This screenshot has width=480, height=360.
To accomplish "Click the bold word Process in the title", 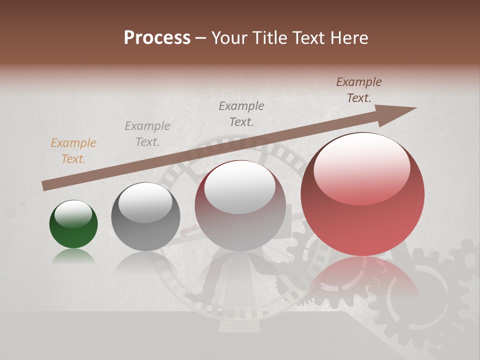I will (x=157, y=38).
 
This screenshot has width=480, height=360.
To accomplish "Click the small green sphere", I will (x=73, y=224).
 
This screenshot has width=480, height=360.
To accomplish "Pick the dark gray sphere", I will (x=145, y=216).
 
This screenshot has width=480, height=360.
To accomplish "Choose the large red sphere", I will (x=362, y=194).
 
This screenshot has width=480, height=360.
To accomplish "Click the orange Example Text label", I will (x=73, y=151).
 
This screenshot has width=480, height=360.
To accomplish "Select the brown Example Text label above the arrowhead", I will (x=359, y=90).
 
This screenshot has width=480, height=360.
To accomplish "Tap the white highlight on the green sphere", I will (x=73, y=214).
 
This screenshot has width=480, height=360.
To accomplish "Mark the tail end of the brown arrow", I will (x=45, y=186).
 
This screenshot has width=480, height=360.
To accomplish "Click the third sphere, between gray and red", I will (x=240, y=205).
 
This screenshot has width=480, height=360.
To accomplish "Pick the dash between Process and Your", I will (x=201, y=38).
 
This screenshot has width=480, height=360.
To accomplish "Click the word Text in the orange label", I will (x=73, y=159).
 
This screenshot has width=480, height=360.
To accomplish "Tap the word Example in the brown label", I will (x=359, y=82).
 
